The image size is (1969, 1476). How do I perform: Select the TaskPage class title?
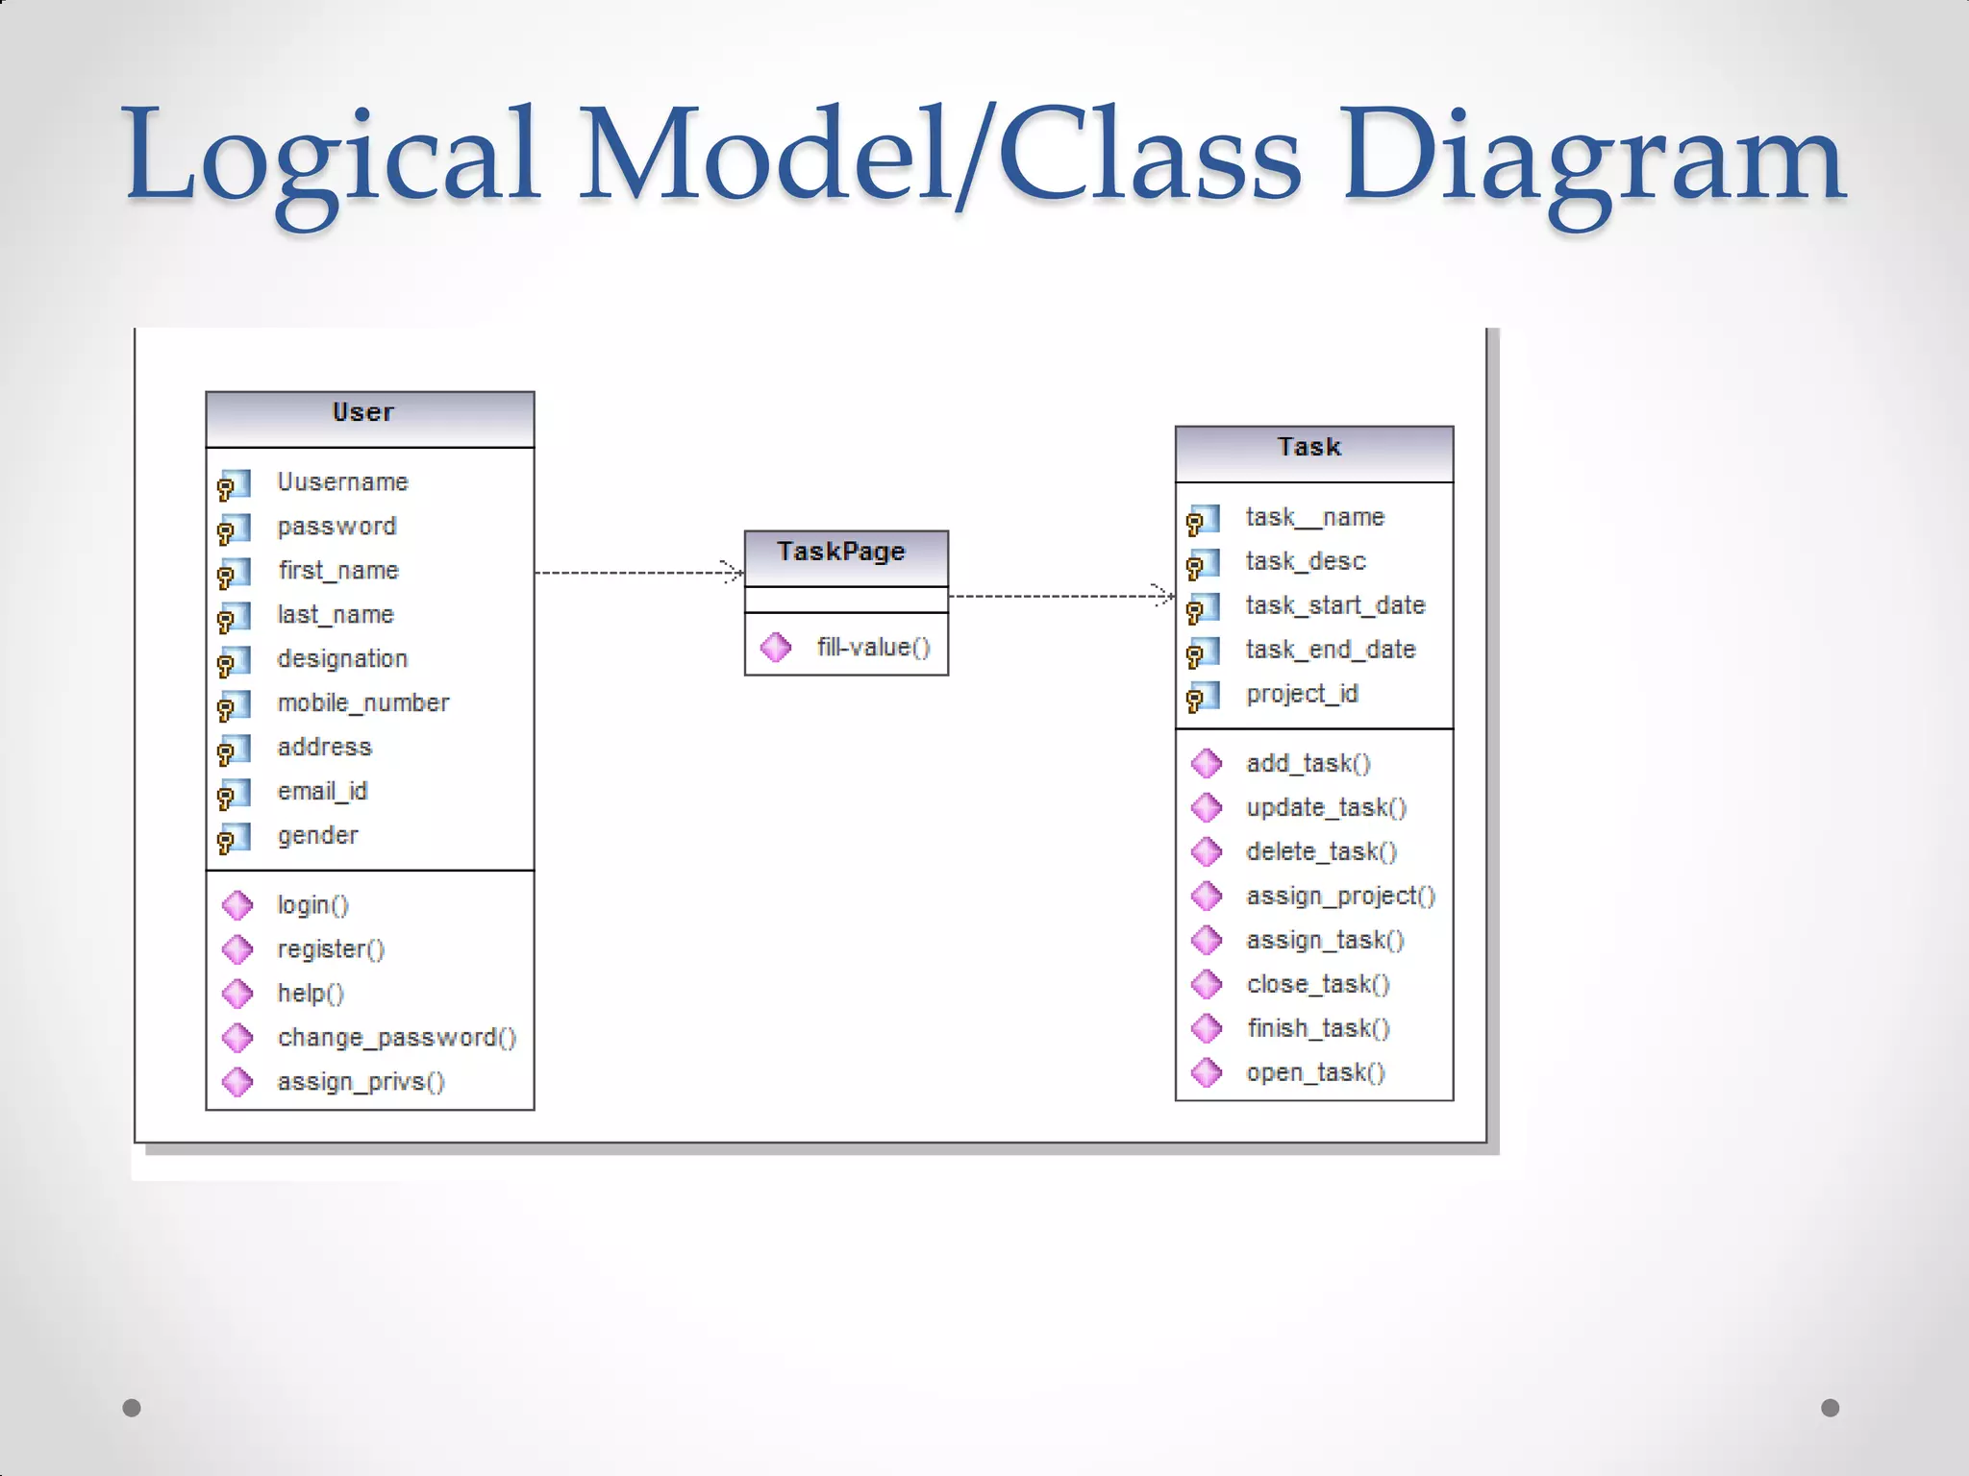pyautogui.click(x=841, y=552)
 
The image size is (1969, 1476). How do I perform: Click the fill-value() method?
pyautogui.click(x=873, y=648)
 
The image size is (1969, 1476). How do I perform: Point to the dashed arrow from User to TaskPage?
pyautogui.click(x=635, y=573)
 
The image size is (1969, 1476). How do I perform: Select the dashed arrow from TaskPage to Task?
pyautogui.click(x=1058, y=597)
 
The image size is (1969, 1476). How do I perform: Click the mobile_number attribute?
pyautogui.click(x=362, y=703)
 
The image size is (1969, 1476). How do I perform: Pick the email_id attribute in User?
pyautogui.click(x=322, y=792)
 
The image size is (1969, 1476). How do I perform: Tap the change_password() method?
pyautogui.click(x=396, y=1038)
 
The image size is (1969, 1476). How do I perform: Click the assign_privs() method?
pyautogui.click(x=361, y=1082)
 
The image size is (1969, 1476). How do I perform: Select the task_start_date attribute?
pyautogui.click(x=1334, y=605)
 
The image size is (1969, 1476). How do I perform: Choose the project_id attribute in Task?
pyautogui.click(x=1302, y=694)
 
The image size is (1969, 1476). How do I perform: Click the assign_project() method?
pyautogui.click(x=1340, y=896)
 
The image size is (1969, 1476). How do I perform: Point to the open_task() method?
pyautogui.click(x=1315, y=1072)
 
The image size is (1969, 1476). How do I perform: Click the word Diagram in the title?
pyautogui.click(x=1591, y=159)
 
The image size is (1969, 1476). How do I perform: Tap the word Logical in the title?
pyautogui.click(x=332, y=159)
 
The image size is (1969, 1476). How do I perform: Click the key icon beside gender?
pyautogui.click(x=234, y=838)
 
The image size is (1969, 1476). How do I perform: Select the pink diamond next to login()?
pyautogui.click(x=237, y=905)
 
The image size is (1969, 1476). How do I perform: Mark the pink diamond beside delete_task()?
pyautogui.click(x=1207, y=851)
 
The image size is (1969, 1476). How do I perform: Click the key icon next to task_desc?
pyautogui.click(x=1203, y=563)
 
